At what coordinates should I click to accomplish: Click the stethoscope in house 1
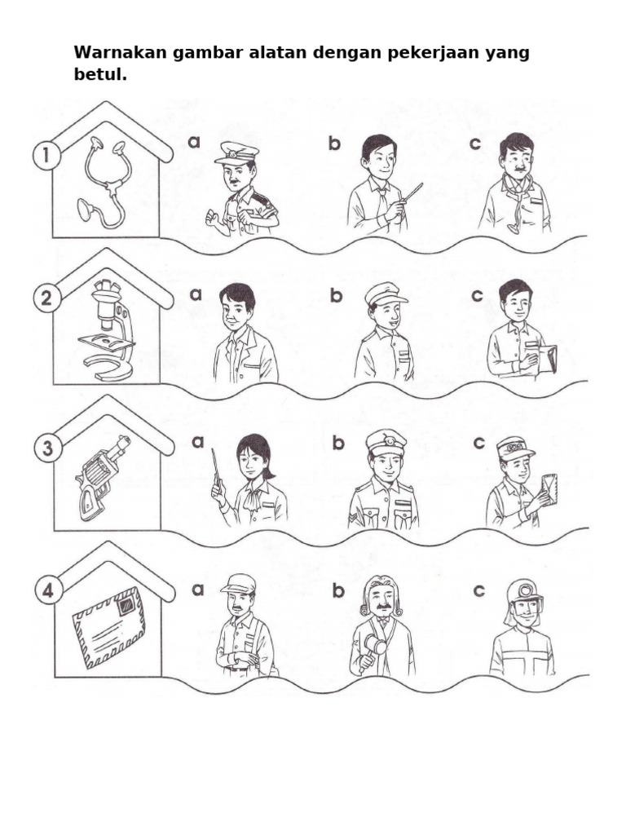[x=104, y=182]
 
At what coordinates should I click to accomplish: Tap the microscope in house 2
[x=107, y=329]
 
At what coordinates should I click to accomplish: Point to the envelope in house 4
[x=108, y=628]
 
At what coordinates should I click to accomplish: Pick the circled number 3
[x=46, y=449]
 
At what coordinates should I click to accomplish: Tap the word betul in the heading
[x=99, y=75]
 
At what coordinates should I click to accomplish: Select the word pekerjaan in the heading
[x=417, y=53]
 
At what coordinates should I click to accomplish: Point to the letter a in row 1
[x=194, y=142]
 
